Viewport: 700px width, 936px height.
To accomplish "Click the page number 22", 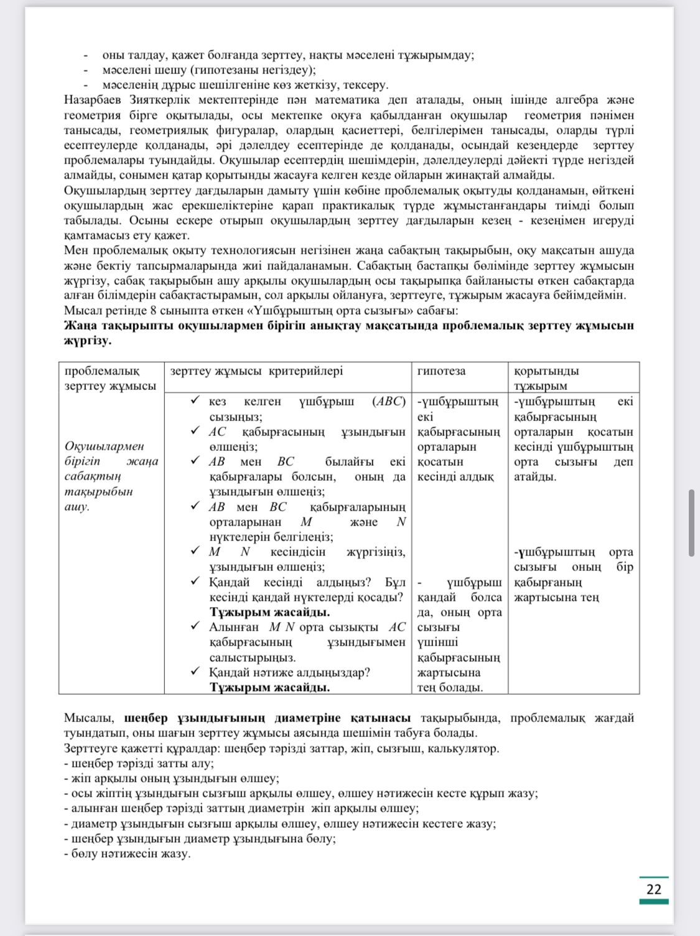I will point(653,889).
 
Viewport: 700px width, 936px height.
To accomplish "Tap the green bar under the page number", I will point(653,901).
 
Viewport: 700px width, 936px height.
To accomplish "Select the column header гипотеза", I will point(441,371).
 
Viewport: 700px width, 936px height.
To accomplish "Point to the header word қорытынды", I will point(546,371).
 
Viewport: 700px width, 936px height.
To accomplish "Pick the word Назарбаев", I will point(93,100).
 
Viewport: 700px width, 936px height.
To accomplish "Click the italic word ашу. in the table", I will point(77,506).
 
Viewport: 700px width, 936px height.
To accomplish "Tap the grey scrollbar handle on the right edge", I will point(691,522).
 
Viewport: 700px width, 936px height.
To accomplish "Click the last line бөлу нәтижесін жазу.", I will point(127,853).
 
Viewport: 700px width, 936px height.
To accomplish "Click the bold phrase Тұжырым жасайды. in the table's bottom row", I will point(269,687).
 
